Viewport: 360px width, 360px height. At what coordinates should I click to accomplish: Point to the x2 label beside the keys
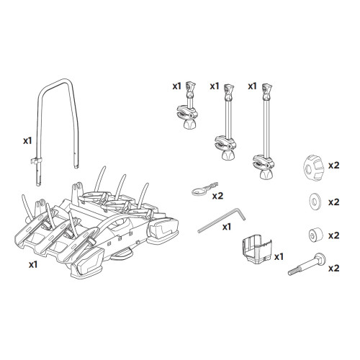point(218,195)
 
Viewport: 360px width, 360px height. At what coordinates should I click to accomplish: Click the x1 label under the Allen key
point(227,227)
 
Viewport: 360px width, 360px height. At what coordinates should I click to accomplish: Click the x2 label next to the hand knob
point(333,165)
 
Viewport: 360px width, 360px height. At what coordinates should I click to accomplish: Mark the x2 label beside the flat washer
point(333,202)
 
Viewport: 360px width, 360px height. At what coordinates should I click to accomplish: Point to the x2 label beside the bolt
point(333,269)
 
